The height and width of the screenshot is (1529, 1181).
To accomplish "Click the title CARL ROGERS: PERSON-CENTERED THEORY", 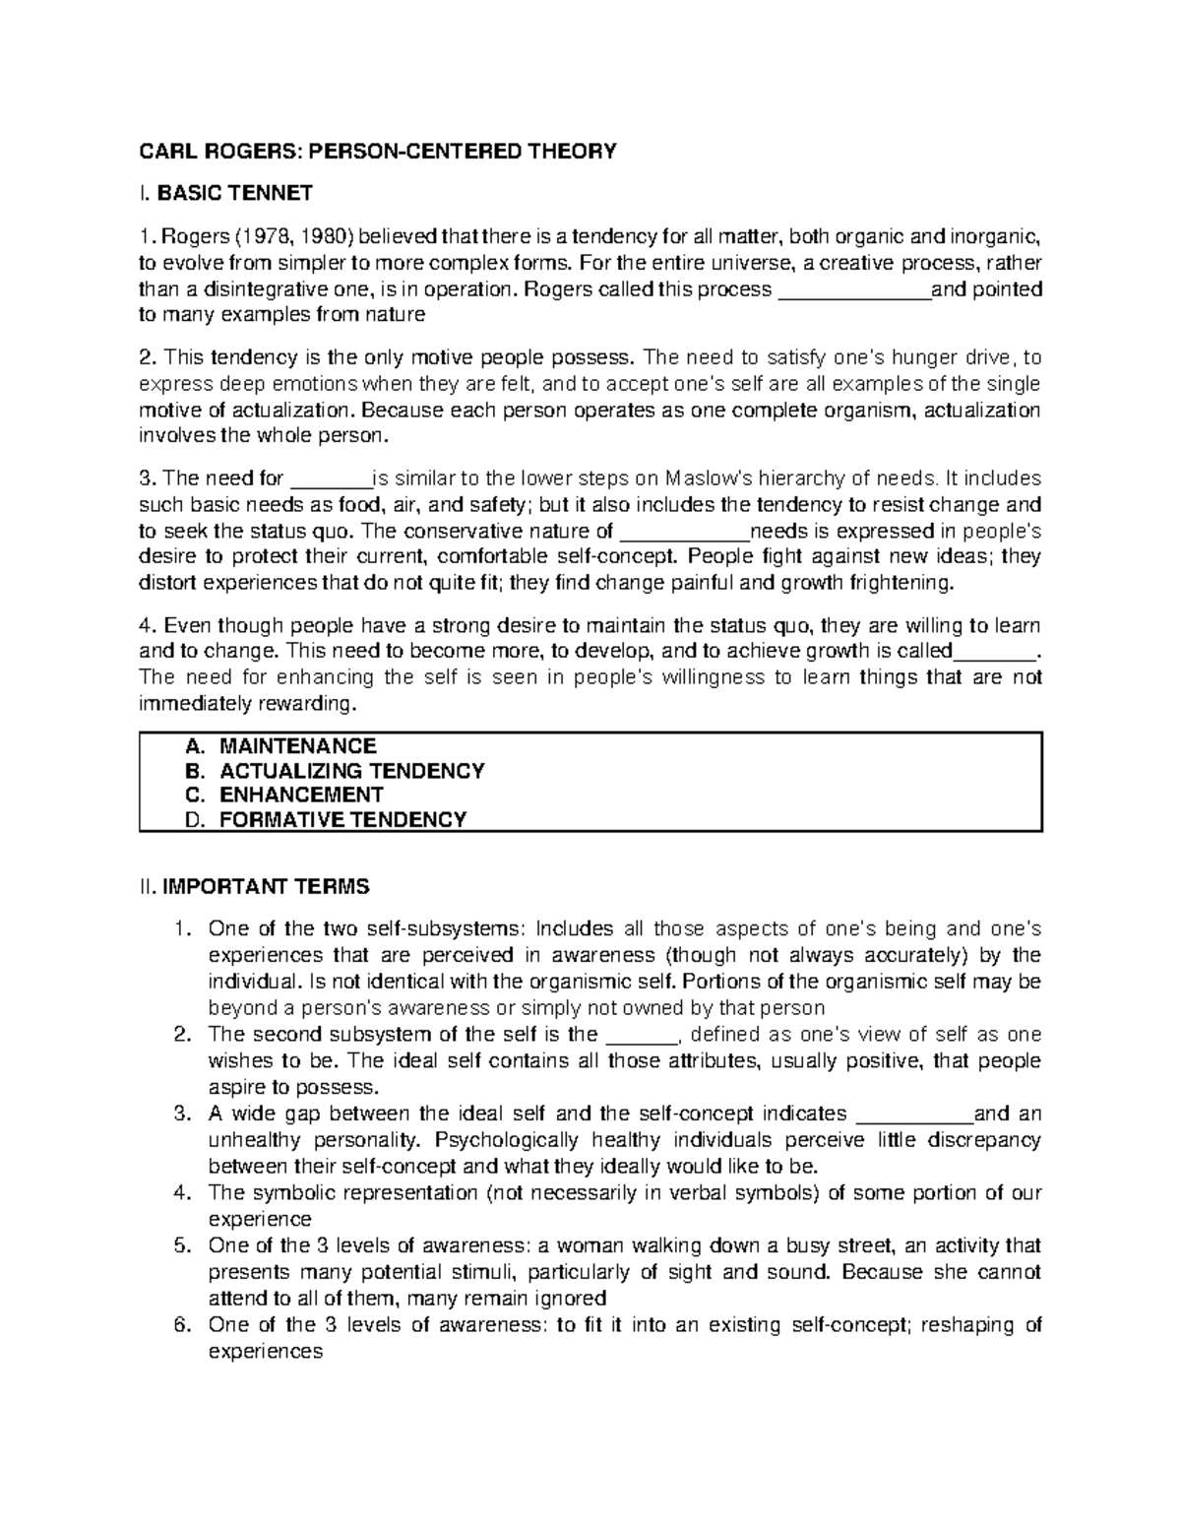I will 378,151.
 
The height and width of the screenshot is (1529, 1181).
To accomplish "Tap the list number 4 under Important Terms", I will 180,1192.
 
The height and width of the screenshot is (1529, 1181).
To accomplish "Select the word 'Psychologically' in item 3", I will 507,1140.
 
